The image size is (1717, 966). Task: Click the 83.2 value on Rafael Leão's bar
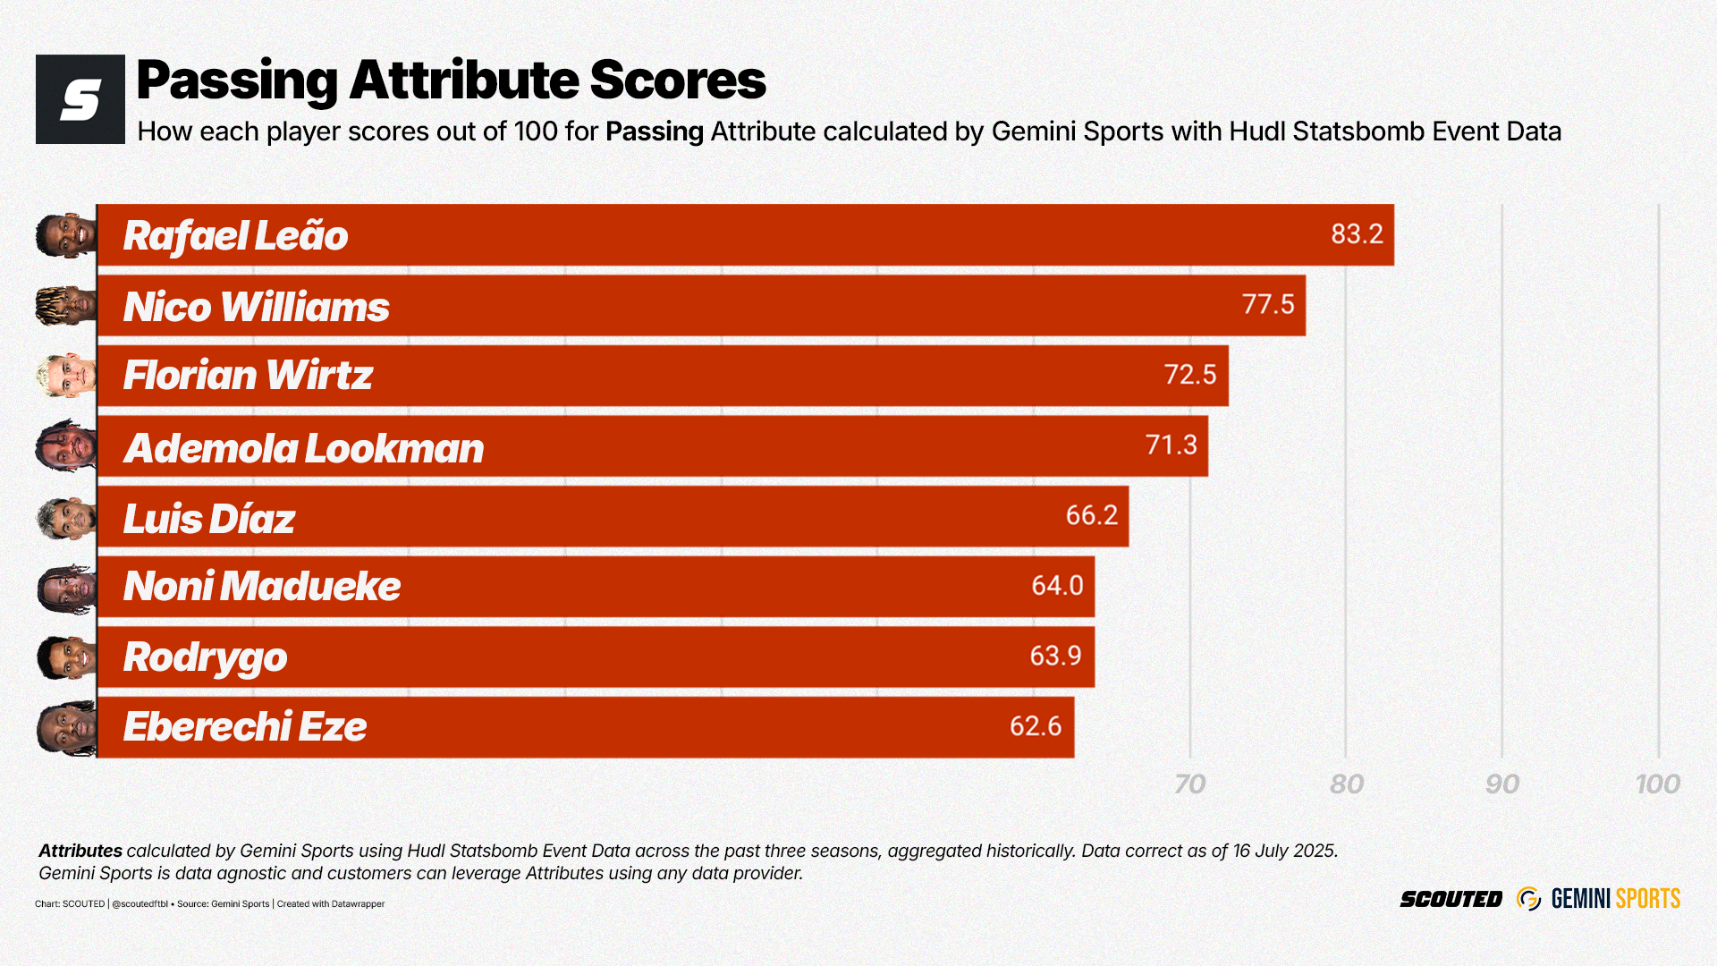1357,234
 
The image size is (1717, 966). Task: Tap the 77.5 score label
1268,305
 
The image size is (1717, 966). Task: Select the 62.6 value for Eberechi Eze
1035,726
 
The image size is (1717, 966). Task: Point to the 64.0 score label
1057,586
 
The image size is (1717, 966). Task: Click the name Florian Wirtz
248,376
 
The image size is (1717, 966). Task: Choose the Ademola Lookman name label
303,448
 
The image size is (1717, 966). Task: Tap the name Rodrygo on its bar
205,657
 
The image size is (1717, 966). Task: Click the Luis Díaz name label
209,519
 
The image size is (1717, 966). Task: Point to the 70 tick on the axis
1189,784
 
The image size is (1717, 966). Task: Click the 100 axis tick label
1657,784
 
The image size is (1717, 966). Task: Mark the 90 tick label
1501,784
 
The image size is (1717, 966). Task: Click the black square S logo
80,99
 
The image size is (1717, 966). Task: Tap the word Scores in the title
677,80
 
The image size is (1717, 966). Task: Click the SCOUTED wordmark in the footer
1451,899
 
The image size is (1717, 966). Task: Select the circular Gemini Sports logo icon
1528,899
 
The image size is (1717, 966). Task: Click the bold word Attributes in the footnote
80,851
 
